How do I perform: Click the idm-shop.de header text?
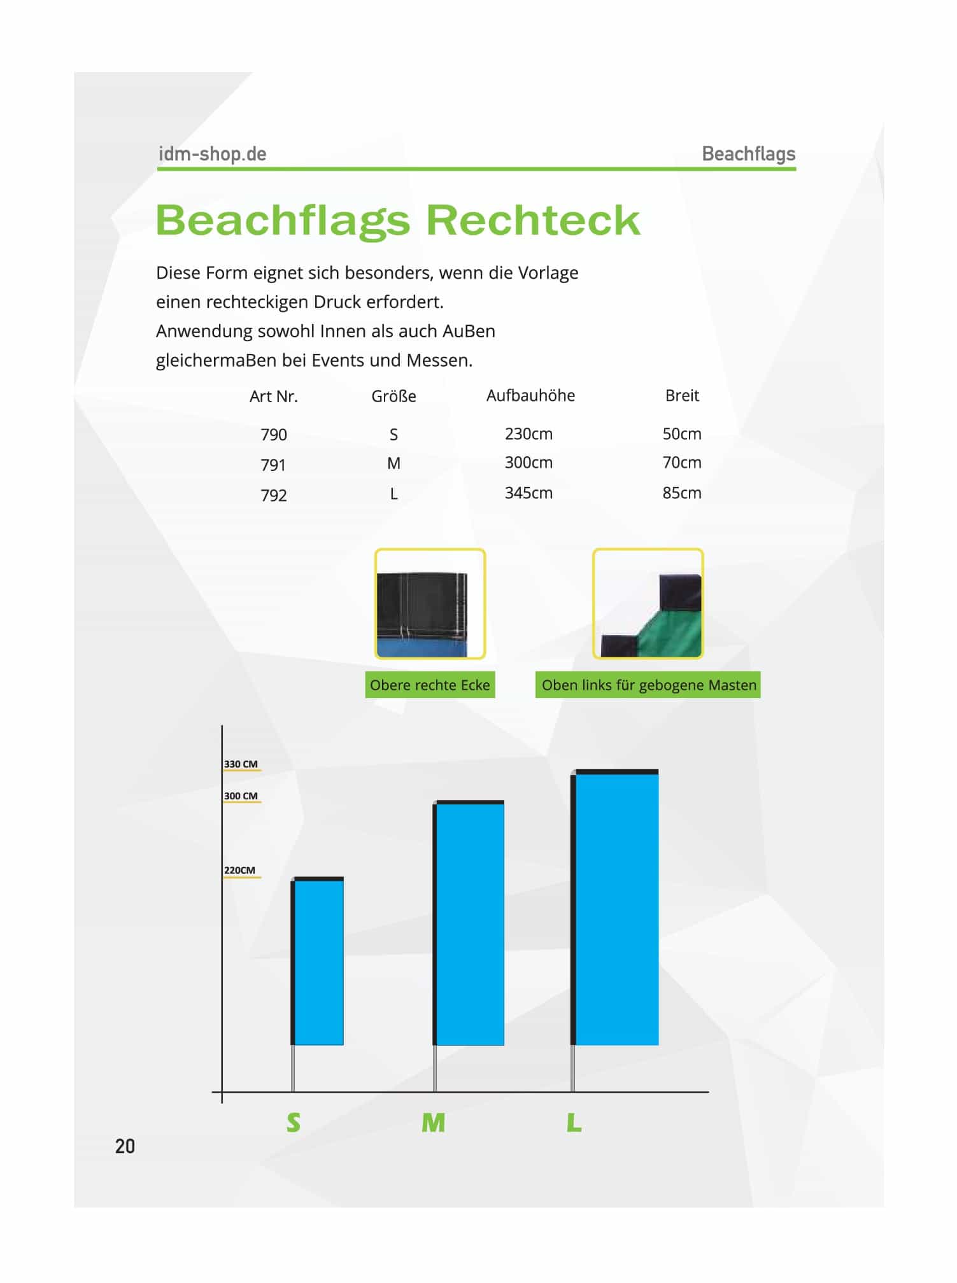(x=212, y=154)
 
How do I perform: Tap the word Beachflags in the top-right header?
(x=748, y=154)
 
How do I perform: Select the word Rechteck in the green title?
(x=532, y=220)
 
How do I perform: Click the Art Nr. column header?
(x=273, y=396)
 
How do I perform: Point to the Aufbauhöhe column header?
(x=530, y=396)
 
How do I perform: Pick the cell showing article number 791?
(x=273, y=465)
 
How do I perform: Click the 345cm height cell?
(x=528, y=493)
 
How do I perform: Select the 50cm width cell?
(x=681, y=434)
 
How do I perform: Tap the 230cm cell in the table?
(x=528, y=434)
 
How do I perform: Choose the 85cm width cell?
(x=681, y=493)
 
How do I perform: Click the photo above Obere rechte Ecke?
(x=430, y=603)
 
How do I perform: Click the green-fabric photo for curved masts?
(x=648, y=603)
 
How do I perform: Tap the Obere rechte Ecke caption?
(x=430, y=685)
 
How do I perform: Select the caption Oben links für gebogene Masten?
(x=648, y=685)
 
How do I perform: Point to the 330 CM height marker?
(x=241, y=764)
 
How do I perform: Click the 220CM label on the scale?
(x=239, y=871)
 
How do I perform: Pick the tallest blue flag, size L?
(x=616, y=909)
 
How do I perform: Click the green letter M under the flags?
(x=433, y=1123)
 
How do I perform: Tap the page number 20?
(x=125, y=1146)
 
